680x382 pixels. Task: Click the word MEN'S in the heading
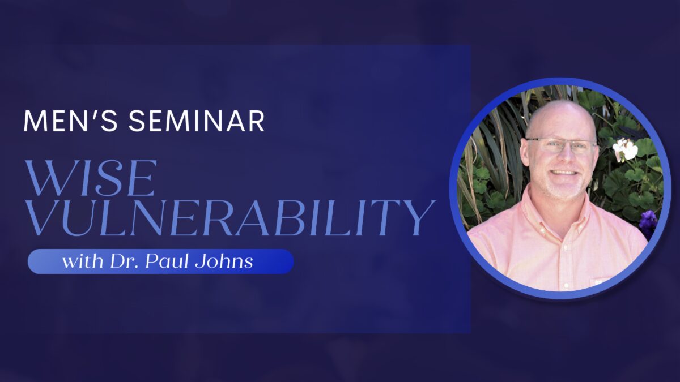tap(70, 121)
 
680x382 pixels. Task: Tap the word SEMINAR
tap(197, 121)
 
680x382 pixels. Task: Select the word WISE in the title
tap(90, 178)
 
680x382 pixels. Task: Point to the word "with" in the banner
tap(83, 261)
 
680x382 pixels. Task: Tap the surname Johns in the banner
tap(224, 261)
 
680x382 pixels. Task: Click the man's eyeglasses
tap(561, 145)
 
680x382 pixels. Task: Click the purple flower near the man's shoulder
tap(648, 224)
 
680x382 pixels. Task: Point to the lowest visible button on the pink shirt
tap(566, 285)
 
